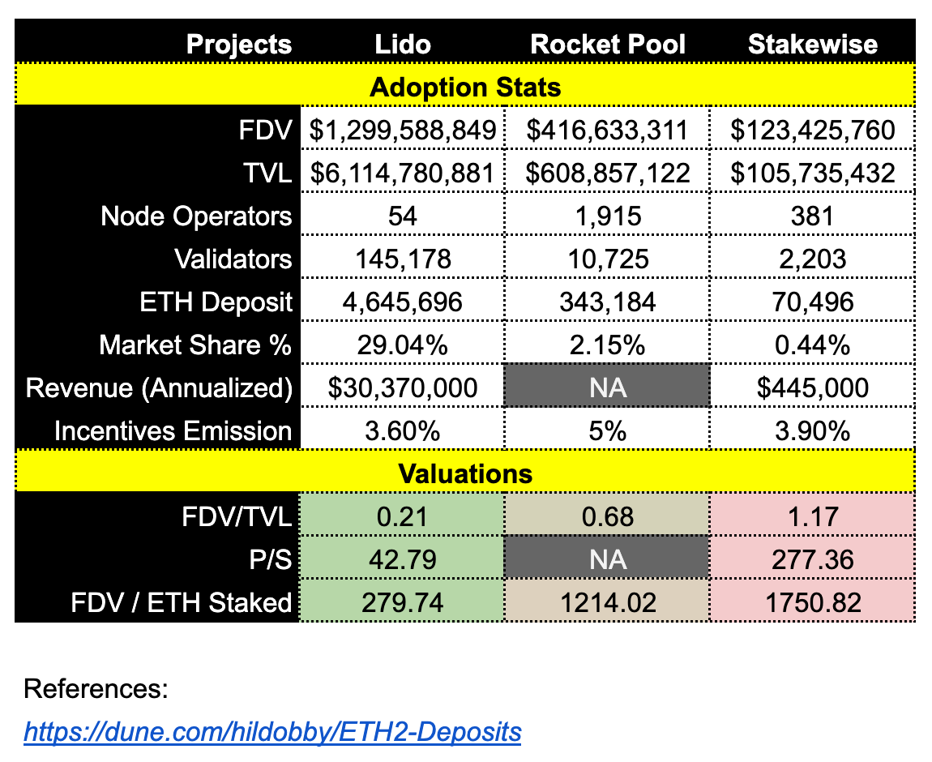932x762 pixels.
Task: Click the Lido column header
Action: pos(403,44)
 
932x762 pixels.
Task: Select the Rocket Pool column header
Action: pos(608,44)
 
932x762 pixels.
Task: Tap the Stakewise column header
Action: pos(812,44)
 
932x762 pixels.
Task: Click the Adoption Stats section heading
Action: pos(465,87)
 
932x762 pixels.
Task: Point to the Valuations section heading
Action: pos(465,473)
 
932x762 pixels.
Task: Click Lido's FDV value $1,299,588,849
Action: pos(403,130)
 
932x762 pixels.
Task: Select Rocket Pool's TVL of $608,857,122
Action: pos(608,173)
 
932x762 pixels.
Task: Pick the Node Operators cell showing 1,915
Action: pos(608,216)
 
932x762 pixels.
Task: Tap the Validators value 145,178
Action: pos(403,259)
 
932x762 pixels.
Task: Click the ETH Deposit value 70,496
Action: pos(812,302)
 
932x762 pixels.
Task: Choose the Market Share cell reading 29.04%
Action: pos(403,345)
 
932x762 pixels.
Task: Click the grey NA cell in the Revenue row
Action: pos(608,387)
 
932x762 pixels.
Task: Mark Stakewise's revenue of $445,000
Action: pos(812,387)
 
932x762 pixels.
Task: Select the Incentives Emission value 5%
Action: pos(608,430)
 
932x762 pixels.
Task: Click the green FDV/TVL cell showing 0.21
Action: pos(403,516)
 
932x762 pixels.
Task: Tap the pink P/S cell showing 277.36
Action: pos(812,559)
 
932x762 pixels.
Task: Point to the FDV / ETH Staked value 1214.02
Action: pos(608,601)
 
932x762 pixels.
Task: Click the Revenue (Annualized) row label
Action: pos(159,387)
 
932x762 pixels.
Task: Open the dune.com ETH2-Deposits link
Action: pos(272,732)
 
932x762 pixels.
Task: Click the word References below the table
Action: pos(96,690)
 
